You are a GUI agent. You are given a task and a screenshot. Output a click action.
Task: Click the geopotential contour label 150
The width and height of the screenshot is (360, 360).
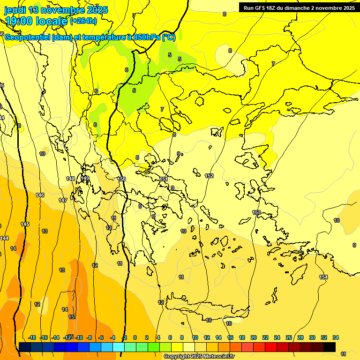(x=121, y=179)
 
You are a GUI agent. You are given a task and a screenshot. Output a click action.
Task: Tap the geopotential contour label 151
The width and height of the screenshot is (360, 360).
(x=164, y=179)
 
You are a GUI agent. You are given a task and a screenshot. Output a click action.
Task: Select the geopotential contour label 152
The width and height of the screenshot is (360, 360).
(x=209, y=176)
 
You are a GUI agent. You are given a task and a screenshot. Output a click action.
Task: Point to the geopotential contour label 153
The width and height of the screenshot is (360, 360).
(x=256, y=212)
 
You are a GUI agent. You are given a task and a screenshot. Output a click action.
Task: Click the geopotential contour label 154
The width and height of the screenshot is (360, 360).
(x=323, y=277)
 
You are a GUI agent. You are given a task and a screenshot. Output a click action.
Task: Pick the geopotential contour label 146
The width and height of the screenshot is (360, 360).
(x=40, y=195)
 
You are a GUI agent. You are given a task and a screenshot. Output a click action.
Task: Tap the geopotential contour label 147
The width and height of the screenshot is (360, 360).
(x=63, y=200)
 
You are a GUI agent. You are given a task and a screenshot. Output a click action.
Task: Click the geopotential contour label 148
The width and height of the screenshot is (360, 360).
(x=70, y=179)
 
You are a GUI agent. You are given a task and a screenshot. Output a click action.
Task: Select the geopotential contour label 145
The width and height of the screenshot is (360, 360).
(x=25, y=224)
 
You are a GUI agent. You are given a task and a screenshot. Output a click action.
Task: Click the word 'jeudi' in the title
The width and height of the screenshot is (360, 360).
(x=15, y=10)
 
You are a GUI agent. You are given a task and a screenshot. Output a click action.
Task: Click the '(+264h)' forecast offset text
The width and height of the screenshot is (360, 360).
(x=83, y=21)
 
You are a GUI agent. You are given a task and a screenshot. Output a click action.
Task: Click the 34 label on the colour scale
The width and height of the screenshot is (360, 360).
(x=336, y=337)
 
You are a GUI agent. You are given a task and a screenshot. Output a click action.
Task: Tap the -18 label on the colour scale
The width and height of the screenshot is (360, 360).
(x=32, y=337)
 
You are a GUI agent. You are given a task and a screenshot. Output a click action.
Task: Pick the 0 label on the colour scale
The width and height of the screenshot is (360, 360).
(x=135, y=337)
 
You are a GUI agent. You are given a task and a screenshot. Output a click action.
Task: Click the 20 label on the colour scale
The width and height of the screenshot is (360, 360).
(x=254, y=337)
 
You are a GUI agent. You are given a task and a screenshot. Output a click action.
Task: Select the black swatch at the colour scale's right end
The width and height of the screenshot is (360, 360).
(x=330, y=347)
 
